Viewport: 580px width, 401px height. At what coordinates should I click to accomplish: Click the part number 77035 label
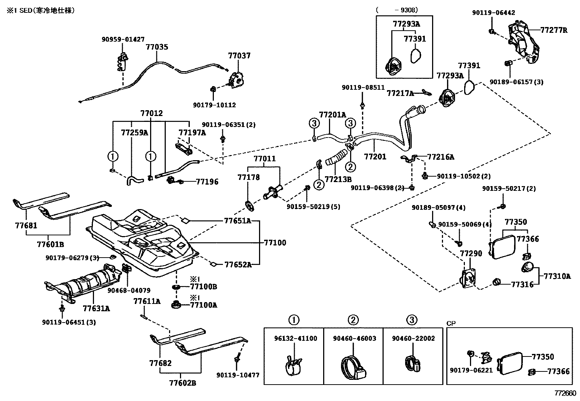tap(157, 47)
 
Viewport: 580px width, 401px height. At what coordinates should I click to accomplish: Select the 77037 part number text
tap(239, 56)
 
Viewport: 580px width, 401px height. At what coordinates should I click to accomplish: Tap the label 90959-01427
tap(123, 39)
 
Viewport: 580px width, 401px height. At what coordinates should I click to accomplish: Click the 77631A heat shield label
tap(96, 309)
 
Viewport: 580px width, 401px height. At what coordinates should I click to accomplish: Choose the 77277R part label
tap(554, 30)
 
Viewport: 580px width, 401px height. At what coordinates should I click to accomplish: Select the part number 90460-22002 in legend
tap(413, 339)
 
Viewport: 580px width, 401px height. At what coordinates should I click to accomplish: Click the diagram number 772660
tap(565, 393)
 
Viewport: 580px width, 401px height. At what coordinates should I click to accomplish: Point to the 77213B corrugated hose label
tap(338, 179)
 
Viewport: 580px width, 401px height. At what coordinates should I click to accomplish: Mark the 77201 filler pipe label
tap(375, 157)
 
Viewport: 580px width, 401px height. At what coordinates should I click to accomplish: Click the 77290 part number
tap(471, 253)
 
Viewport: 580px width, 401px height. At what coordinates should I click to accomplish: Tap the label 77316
tap(522, 285)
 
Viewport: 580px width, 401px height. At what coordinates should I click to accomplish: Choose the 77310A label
tap(557, 277)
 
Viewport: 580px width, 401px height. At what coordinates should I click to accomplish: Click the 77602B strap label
tap(183, 383)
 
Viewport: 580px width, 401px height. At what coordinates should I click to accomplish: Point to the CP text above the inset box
tap(451, 324)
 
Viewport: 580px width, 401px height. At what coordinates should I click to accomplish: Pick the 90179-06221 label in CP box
tap(471, 370)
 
